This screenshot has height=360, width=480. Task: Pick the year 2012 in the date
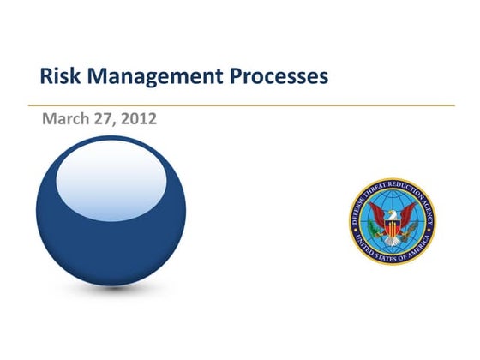140,119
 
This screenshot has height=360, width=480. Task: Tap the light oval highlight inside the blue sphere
111,180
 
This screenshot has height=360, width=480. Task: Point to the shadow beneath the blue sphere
111,290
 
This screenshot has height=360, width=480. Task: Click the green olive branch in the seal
377,235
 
